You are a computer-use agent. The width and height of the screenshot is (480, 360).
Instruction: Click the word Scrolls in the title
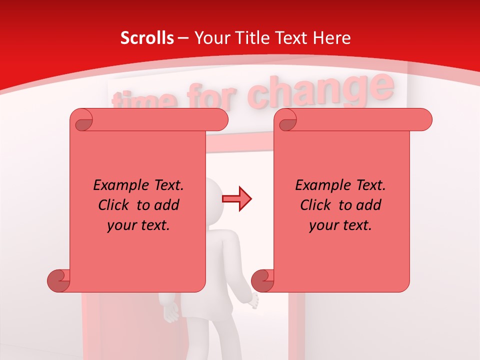click(147, 38)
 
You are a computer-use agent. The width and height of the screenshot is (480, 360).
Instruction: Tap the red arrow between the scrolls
click(237, 199)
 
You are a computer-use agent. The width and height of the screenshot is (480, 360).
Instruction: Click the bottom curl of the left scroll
click(58, 280)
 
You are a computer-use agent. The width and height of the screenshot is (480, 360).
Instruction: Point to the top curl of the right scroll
click(286, 120)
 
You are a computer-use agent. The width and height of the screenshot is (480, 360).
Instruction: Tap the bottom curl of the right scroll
click(262, 280)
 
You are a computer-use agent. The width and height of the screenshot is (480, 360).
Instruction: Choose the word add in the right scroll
click(370, 205)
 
